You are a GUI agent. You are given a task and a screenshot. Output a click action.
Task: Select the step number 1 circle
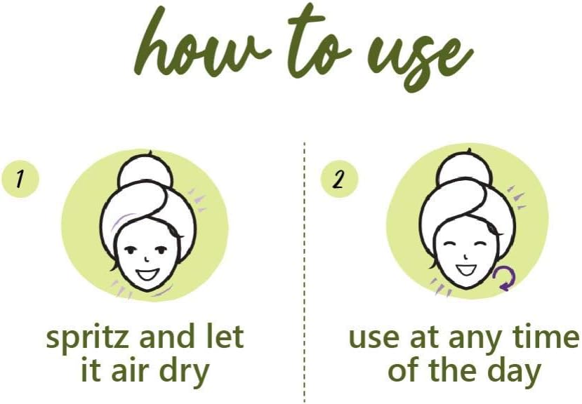pos(21,178)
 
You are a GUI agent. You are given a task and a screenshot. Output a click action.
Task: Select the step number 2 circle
pos(339,179)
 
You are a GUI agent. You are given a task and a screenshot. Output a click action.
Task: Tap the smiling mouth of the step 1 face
pos(147,274)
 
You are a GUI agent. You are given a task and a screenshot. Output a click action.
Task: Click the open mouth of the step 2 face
pos(466,269)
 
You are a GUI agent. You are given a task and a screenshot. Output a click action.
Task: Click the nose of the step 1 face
pos(147,258)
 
